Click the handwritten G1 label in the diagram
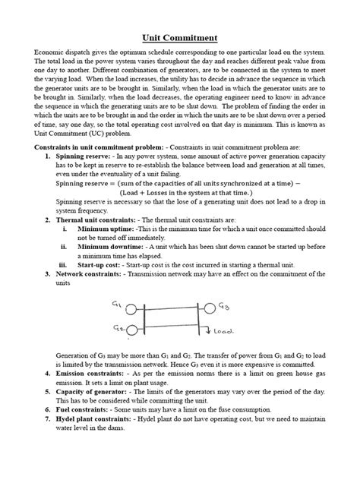[115, 305]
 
